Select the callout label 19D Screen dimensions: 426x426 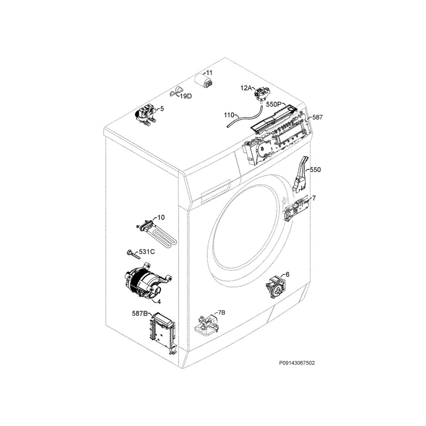(x=186, y=96)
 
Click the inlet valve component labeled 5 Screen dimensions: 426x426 (x=146, y=116)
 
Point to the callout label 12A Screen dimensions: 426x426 (x=245, y=88)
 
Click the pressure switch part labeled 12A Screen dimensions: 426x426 (x=260, y=95)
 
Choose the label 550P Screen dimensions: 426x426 (x=273, y=104)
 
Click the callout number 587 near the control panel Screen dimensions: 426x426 (x=317, y=117)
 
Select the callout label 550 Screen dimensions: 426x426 (x=315, y=170)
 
